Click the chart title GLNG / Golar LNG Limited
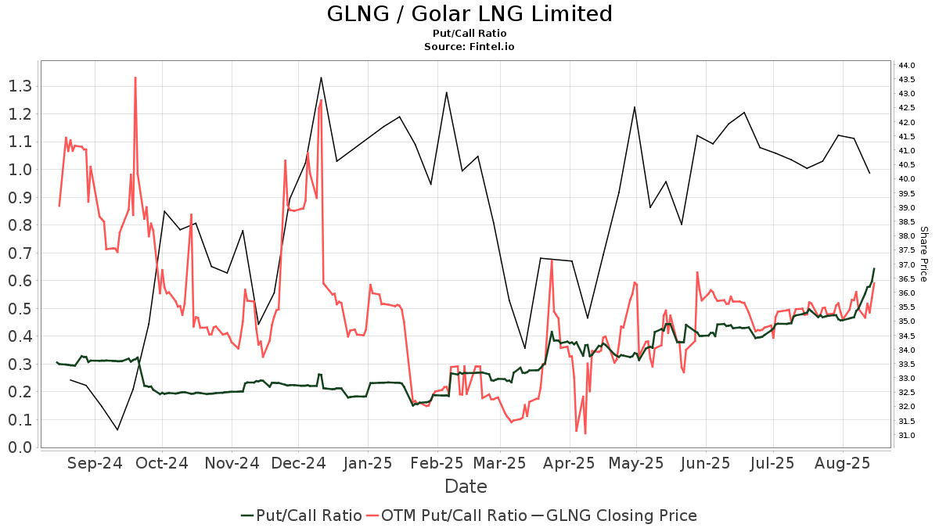pyautogui.click(x=469, y=13)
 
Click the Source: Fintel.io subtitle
pyautogui.click(x=469, y=46)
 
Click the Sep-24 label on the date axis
pyautogui.click(x=95, y=463)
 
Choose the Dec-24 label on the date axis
pyautogui.click(x=300, y=463)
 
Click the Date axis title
pyautogui.click(x=466, y=487)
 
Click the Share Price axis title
pyautogui.click(x=923, y=254)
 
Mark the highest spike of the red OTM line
pyautogui.click(x=135, y=77)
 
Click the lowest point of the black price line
pyautogui.click(x=117, y=429)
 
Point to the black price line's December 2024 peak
pyautogui.click(x=322, y=77)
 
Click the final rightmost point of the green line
pyautogui.click(x=874, y=269)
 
